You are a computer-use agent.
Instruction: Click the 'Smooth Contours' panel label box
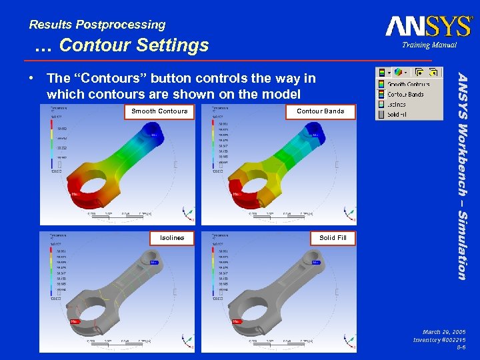click(x=159, y=111)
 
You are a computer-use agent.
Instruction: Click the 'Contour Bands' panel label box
click(x=320, y=111)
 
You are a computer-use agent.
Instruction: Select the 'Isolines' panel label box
click(x=172, y=238)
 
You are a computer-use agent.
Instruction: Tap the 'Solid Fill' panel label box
click(x=332, y=238)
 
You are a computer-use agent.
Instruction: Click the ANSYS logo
click(x=429, y=26)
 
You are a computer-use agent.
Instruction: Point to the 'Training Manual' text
click(x=429, y=45)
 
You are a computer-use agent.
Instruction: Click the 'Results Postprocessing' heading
click(x=97, y=25)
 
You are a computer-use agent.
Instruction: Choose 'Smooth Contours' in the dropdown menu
click(x=408, y=84)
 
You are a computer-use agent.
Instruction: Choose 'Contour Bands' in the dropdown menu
click(x=405, y=94)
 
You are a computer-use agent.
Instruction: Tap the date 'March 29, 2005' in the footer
click(x=444, y=331)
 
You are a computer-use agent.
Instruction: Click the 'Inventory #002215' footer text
click(x=439, y=340)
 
